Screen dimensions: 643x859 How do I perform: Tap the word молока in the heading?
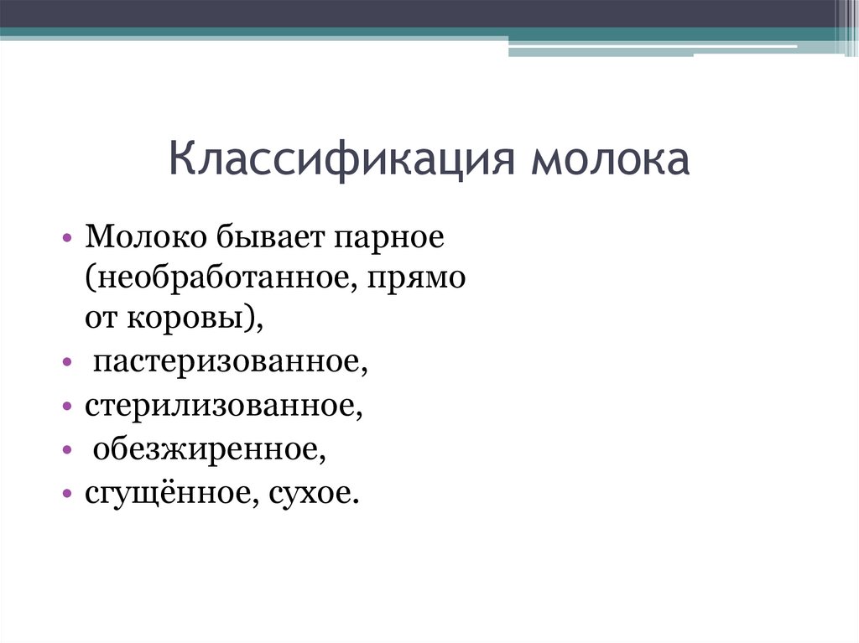[609, 159]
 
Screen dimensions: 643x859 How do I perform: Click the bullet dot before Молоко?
[68, 239]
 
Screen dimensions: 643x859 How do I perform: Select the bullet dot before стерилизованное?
[68, 407]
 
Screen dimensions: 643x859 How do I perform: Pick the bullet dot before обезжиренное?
[68, 450]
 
